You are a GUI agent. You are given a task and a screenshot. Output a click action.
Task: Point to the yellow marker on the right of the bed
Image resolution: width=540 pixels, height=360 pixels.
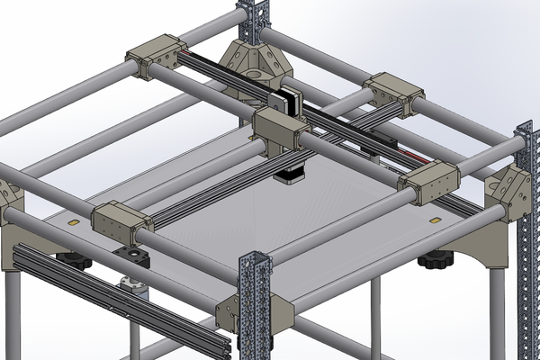[436, 219]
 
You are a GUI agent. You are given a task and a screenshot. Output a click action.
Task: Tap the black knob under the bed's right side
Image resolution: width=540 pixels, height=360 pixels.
[436, 261]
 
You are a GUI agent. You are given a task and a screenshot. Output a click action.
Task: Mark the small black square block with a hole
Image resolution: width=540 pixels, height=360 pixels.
[134, 260]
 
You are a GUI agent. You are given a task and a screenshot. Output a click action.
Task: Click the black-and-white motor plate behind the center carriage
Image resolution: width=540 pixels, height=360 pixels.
[291, 99]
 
